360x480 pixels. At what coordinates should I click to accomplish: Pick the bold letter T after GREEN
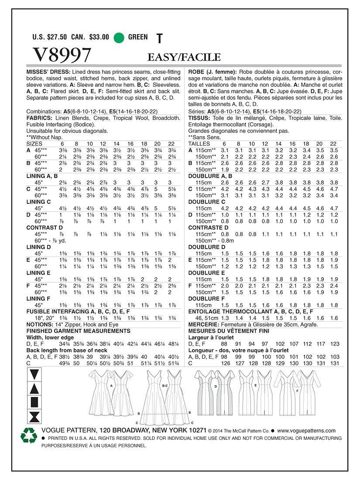(158, 38)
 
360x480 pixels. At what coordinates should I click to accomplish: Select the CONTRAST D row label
(43, 227)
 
